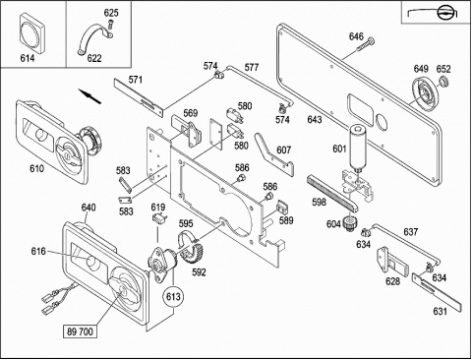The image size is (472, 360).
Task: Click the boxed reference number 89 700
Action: [x=81, y=331]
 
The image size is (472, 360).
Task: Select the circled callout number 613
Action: [x=173, y=297]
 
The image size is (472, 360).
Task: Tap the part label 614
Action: [x=28, y=58]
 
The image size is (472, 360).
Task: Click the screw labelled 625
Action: [x=110, y=25]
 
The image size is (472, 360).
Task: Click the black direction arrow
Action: [x=89, y=96]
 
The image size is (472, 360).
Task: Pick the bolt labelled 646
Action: [x=365, y=45]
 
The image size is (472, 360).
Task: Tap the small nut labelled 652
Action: [x=443, y=82]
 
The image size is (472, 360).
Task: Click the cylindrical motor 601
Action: [x=358, y=148]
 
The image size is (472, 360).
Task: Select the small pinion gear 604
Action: [x=349, y=223]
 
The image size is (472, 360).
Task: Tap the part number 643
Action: [x=315, y=120]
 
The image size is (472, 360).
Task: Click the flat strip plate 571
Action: [x=139, y=97]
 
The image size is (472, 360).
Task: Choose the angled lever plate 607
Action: [x=274, y=153]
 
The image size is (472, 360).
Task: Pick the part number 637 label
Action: [x=410, y=232]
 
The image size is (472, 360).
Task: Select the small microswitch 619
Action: [x=160, y=218]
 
